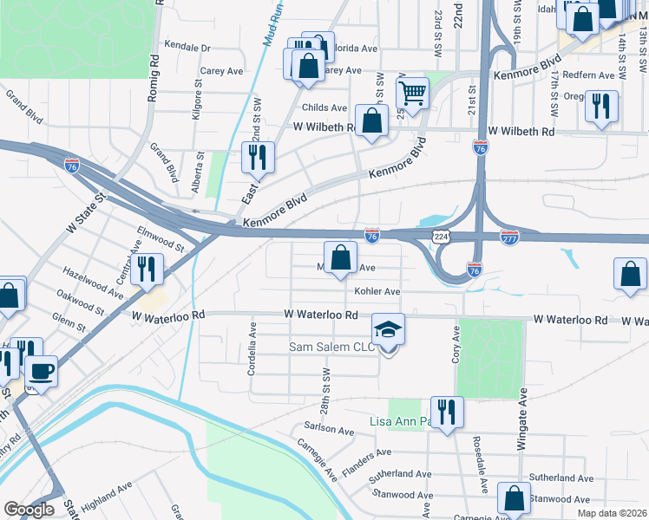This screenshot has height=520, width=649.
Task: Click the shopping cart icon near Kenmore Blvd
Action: coord(413,92)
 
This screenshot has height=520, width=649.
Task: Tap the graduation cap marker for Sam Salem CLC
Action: coord(388,330)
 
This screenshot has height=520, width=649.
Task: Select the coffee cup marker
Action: coord(41,373)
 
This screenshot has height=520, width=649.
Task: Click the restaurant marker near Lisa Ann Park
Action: coord(447,412)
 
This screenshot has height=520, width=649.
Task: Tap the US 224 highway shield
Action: coord(441,236)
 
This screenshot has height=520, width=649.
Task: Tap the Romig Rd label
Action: coord(154,77)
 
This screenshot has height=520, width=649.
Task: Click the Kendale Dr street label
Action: coord(187,48)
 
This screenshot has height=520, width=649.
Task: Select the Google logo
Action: coord(29,510)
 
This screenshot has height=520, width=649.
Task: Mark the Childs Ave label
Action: coord(324,107)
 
